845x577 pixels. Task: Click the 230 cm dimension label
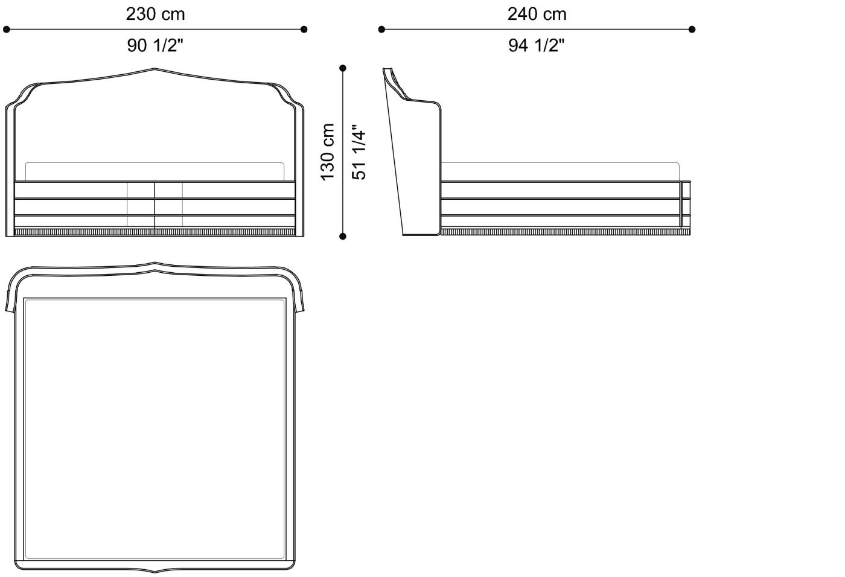[155, 14]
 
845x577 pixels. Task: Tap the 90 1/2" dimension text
[155, 45]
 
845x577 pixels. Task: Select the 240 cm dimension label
[537, 14]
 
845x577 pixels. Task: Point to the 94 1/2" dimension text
[537, 45]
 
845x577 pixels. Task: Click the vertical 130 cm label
[328, 151]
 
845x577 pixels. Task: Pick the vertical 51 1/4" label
[359, 153]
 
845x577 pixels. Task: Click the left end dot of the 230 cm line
[7, 29]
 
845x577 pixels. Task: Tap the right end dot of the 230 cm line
[304, 29]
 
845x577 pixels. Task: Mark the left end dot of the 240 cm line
[381, 29]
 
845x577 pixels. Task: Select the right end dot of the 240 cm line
[692, 29]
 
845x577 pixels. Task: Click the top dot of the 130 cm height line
[343, 68]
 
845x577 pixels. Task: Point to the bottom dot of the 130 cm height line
[343, 236]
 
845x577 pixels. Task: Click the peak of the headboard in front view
[155, 69]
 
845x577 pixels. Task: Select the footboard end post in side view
[686, 205]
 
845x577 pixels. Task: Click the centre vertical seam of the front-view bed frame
[155, 205]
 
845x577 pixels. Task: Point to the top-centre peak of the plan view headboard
[155, 264]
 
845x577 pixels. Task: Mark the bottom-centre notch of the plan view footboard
[155, 570]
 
